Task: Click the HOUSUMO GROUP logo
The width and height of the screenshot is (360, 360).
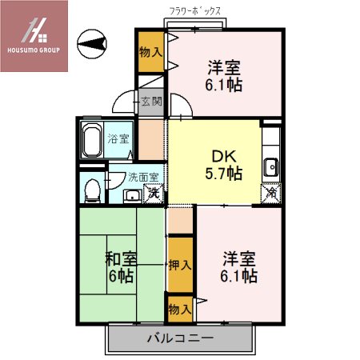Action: [34, 35]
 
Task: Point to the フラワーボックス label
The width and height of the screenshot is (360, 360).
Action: [195, 11]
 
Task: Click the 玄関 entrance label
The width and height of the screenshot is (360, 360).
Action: [151, 102]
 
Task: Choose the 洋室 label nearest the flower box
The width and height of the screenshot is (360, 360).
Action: [225, 67]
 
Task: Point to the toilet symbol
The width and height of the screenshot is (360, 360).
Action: [93, 189]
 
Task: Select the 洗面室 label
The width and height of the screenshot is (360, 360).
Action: [143, 177]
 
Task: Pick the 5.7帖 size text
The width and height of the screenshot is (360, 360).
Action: [223, 173]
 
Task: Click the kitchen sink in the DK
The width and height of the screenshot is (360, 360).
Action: [272, 166]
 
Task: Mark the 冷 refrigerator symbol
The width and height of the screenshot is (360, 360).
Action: [271, 192]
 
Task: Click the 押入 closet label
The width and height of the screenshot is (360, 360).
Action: [179, 264]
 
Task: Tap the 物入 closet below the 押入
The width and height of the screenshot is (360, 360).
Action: [179, 307]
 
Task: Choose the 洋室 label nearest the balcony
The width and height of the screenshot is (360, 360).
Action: [238, 258]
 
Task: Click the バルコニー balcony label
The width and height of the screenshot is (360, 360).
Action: [179, 338]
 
